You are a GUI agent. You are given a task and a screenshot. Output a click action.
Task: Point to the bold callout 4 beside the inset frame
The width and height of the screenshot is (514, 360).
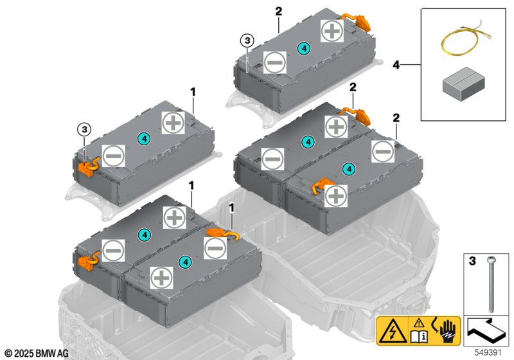point(396,65)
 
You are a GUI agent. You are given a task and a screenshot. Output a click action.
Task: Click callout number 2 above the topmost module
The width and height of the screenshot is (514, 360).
point(278,11)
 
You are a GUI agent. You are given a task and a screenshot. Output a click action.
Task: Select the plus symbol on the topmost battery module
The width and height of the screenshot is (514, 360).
point(332,31)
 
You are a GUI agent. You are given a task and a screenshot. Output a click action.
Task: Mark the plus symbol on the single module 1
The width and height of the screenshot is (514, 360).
point(172,122)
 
